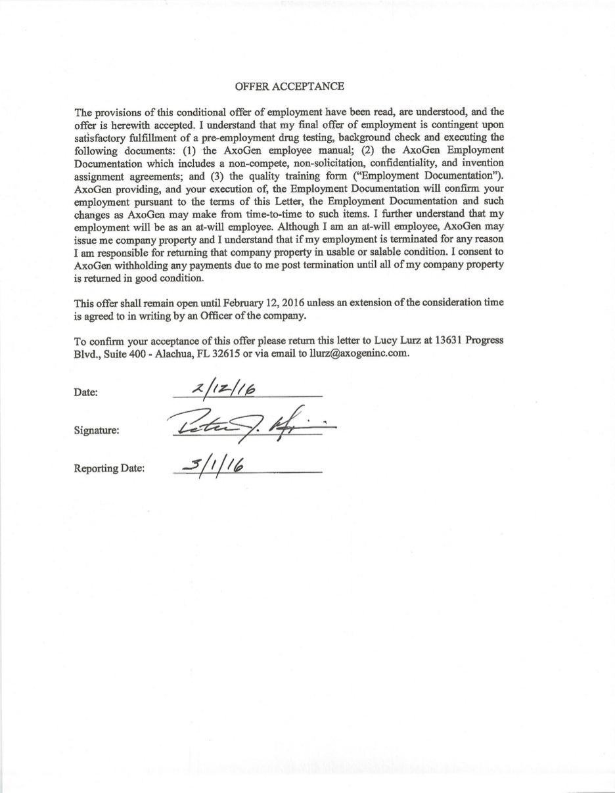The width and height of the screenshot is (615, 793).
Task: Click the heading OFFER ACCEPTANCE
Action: click(x=289, y=86)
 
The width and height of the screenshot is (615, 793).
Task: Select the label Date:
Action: click(x=86, y=392)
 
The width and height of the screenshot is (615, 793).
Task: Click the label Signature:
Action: click(x=97, y=430)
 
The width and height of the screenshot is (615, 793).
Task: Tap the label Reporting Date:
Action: click(x=109, y=468)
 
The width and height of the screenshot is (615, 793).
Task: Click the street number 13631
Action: click(x=455, y=340)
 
